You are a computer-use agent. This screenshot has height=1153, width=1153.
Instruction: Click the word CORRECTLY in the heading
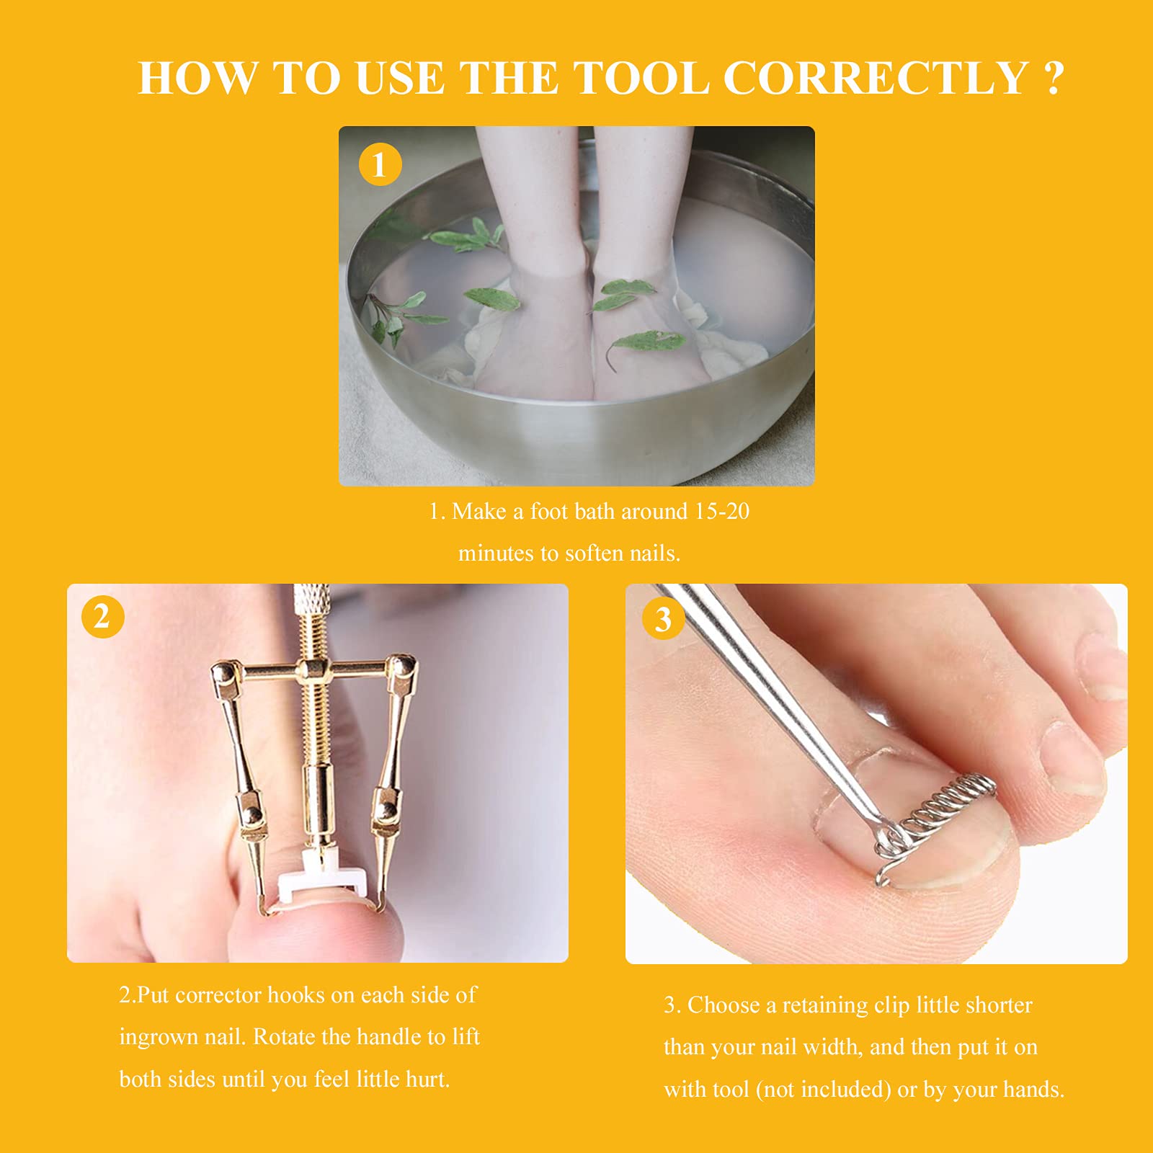click(x=876, y=78)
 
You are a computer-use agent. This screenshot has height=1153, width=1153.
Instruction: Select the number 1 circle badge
click(x=380, y=165)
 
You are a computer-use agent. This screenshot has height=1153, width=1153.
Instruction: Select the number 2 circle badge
click(x=102, y=617)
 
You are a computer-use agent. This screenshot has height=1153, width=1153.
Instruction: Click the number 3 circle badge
click(x=662, y=618)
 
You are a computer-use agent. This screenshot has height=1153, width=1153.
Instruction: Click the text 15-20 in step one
click(x=721, y=512)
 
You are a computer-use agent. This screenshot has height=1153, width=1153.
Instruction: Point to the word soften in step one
click(x=594, y=553)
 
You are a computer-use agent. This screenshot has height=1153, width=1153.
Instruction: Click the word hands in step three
click(x=1030, y=1090)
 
